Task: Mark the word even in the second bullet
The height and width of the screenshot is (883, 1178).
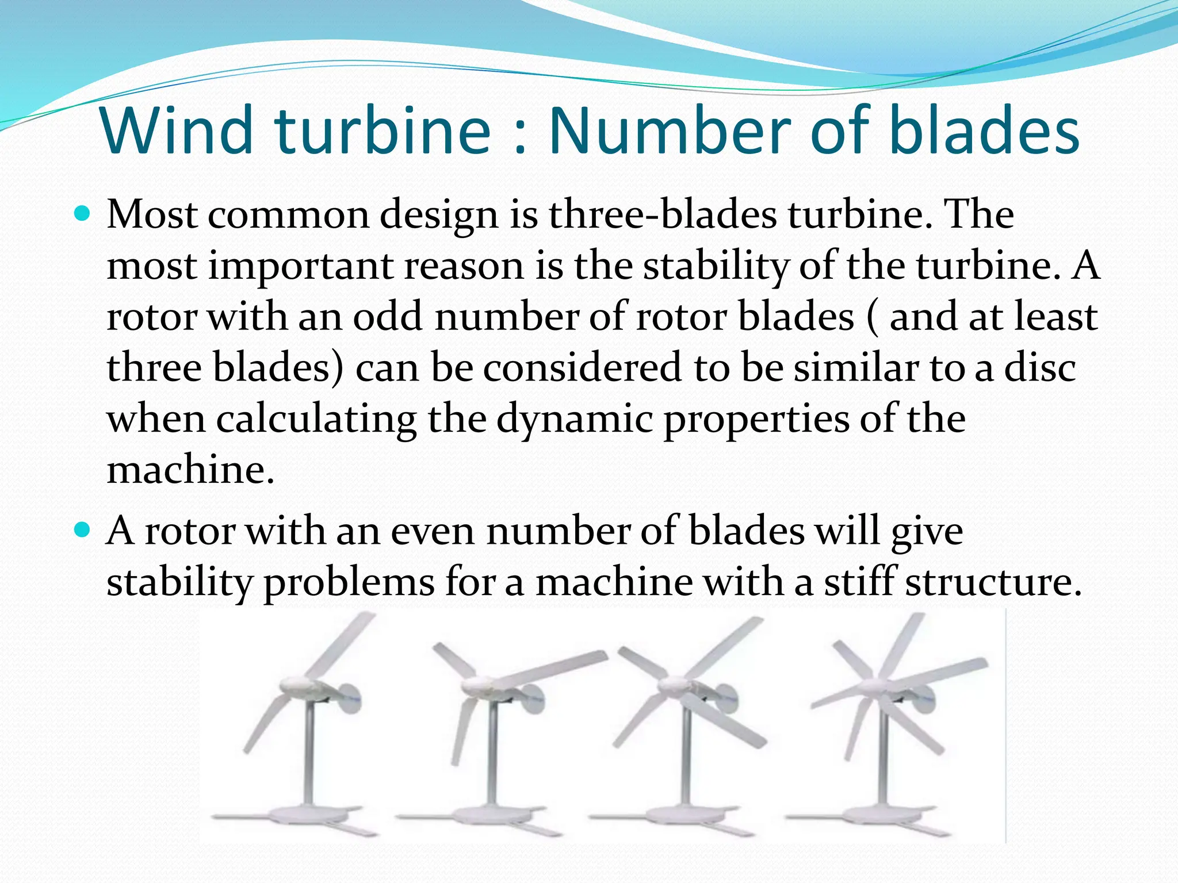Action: point(433,531)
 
